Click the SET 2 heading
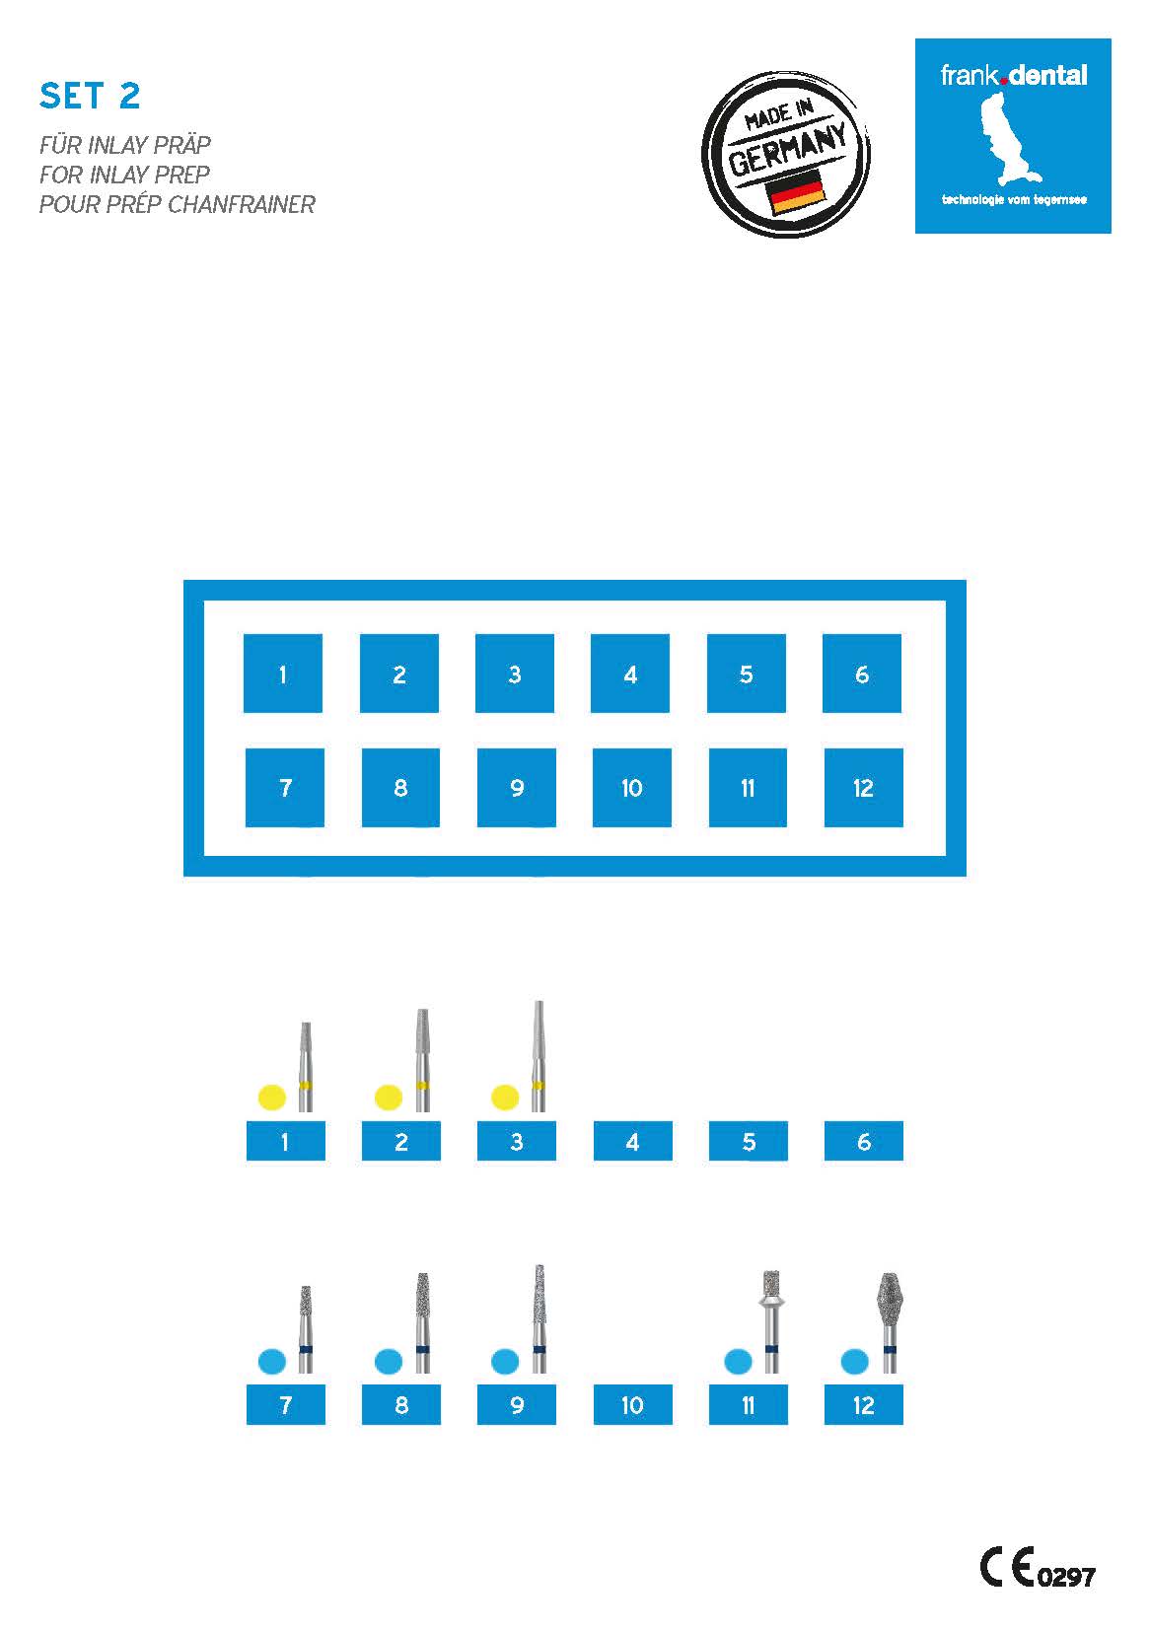click(90, 96)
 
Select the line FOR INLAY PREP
click(124, 175)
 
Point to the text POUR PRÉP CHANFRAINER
click(177, 204)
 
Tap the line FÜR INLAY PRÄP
click(125, 145)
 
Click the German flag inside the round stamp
click(795, 192)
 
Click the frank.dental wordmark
click(1013, 75)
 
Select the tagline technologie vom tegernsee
click(1014, 199)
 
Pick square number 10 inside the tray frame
click(631, 787)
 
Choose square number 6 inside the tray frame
click(862, 673)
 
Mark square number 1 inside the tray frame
click(283, 673)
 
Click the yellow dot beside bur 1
click(271, 1097)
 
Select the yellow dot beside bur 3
click(505, 1097)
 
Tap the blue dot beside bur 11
click(738, 1360)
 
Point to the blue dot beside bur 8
click(389, 1360)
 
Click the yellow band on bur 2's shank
click(422, 1087)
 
